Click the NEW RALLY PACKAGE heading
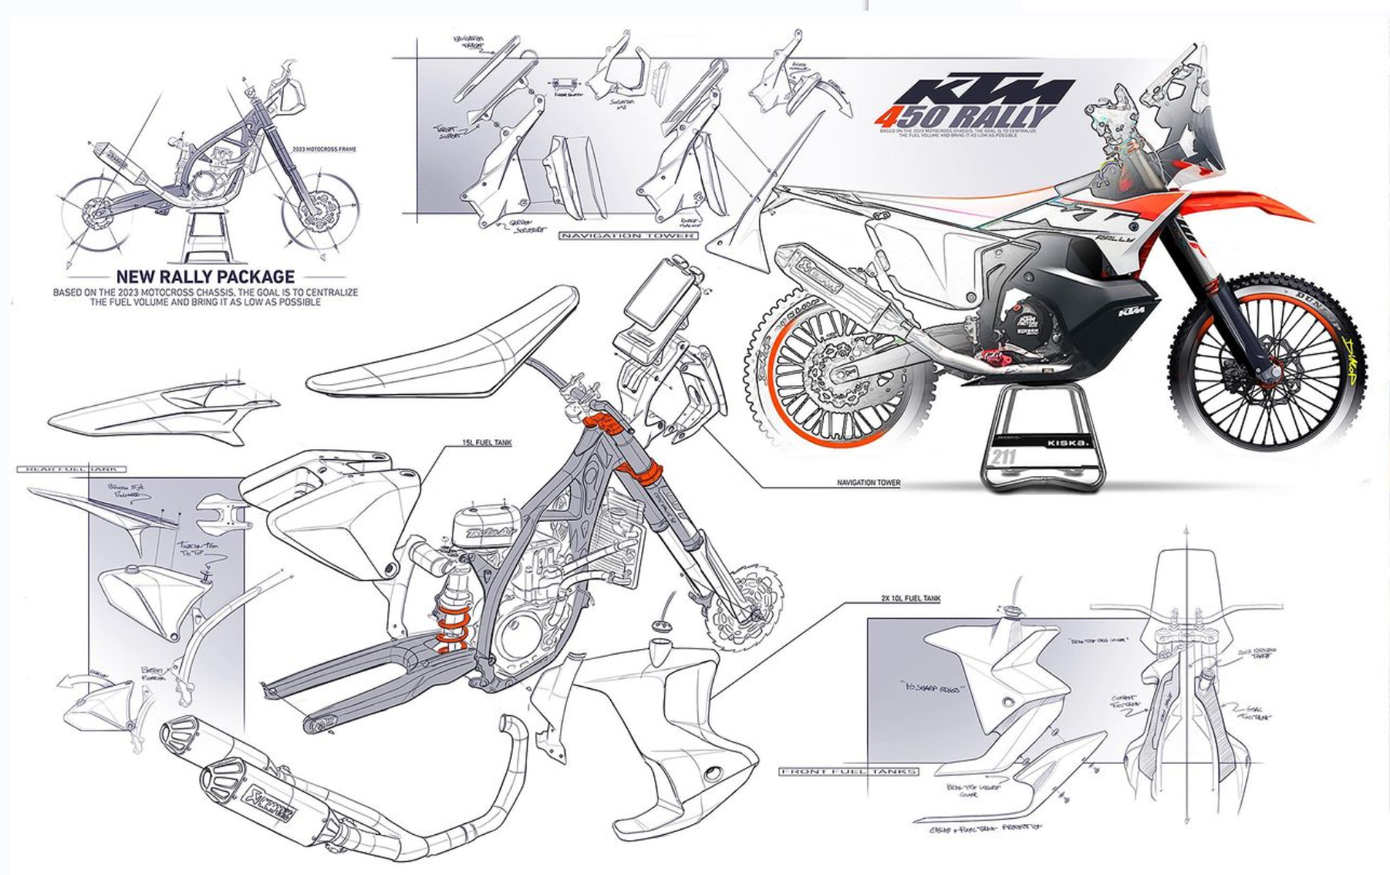pyautogui.click(x=204, y=276)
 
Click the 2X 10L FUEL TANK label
pyautogui.click(x=910, y=598)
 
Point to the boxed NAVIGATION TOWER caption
pyautogui.click(x=627, y=235)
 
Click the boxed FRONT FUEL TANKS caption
pyautogui.click(x=849, y=771)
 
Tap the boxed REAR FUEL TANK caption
pyautogui.click(x=65, y=469)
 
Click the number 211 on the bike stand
pyautogui.click(x=1003, y=457)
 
